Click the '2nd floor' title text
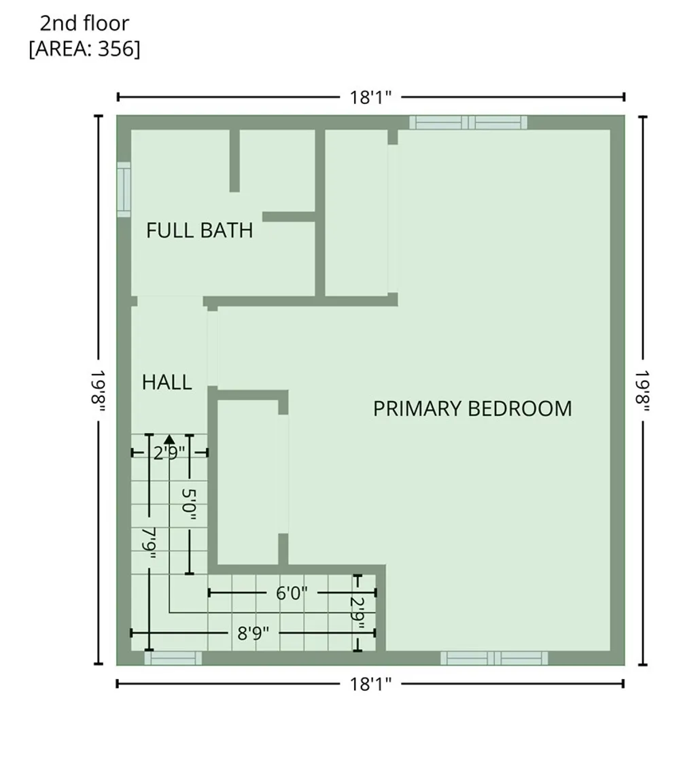coord(84,24)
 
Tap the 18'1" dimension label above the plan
coord(371,97)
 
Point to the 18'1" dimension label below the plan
coord(371,684)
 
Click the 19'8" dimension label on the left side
coord(98,390)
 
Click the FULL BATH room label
coord(199,230)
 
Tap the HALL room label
coord(167,382)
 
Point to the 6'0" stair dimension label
coord(292,593)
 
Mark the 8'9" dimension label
coord(253,633)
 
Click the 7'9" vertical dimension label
coord(149,544)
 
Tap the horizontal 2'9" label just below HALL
coord(169,453)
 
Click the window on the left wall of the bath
coord(124,190)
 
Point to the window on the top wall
coord(468,122)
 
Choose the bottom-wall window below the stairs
coord(173,658)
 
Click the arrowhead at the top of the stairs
coord(169,439)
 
